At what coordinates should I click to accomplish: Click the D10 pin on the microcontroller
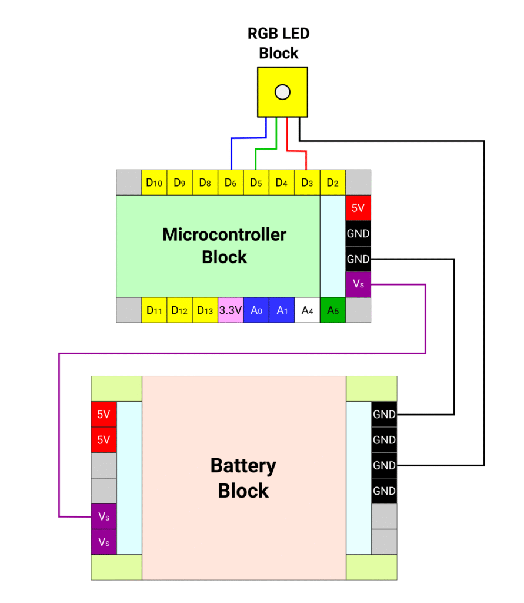tap(154, 183)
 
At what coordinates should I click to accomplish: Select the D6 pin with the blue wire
tap(231, 183)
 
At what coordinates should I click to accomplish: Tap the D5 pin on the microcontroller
tap(256, 183)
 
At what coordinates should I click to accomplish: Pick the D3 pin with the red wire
tap(307, 183)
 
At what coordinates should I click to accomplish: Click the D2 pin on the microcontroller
tap(332, 183)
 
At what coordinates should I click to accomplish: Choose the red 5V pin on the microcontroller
tap(358, 208)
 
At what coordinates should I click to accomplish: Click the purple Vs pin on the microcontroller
tap(358, 284)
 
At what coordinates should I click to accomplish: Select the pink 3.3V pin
tap(231, 310)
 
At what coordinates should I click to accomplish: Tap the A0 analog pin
tap(256, 310)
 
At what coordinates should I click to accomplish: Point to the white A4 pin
tap(307, 310)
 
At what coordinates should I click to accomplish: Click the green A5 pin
tap(332, 310)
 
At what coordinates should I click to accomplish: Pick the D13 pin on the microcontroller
tap(205, 310)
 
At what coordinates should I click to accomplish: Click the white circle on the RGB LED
tap(283, 92)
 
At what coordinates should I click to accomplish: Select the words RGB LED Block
tap(279, 43)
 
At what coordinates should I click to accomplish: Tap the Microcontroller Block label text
tap(224, 246)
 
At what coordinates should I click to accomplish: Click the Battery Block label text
tap(243, 478)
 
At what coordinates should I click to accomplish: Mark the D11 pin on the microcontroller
tap(154, 310)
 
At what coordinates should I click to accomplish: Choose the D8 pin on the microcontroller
tap(205, 183)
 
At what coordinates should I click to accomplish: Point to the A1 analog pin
tap(282, 310)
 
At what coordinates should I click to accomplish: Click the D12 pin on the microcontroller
tap(179, 310)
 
